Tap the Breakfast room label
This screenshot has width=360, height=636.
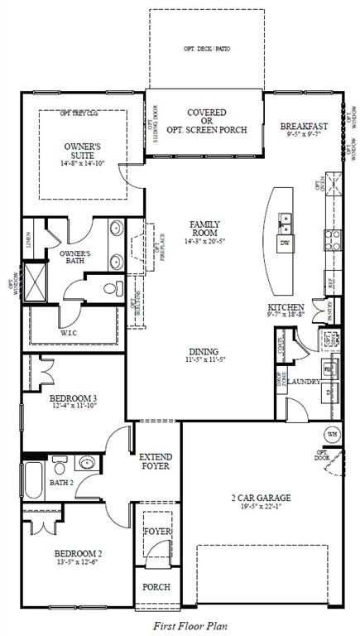(x=304, y=127)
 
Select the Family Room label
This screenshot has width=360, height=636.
(x=204, y=229)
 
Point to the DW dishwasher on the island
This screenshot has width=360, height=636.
(x=284, y=243)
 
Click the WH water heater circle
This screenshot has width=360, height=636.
(x=332, y=433)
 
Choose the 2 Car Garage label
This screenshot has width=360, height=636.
(x=261, y=498)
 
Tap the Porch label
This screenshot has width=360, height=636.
(x=156, y=587)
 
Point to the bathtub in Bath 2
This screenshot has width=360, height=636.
(x=33, y=479)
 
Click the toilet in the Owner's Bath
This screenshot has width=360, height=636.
(x=113, y=289)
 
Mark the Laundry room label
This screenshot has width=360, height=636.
(x=305, y=382)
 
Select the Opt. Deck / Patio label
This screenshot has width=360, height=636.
(x=207, y=49)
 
